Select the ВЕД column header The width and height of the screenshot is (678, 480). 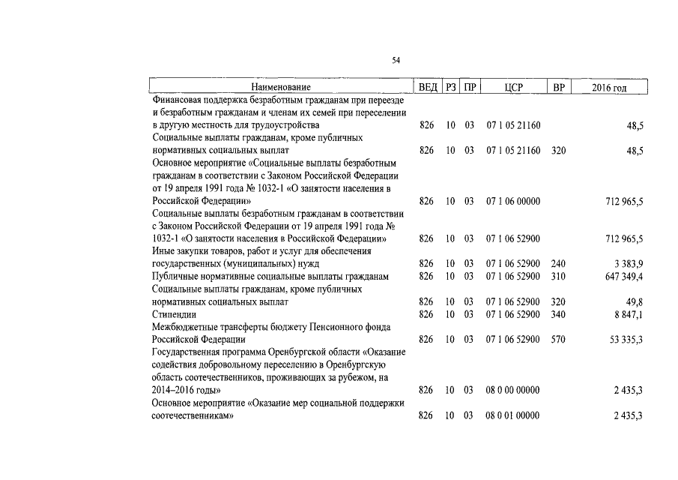pyautogui.click(x=428, y=87)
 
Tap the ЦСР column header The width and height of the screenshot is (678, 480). pyautogui.click(x=513, y=87)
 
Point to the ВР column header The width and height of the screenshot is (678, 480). pyautogui.click(x=558, y=87)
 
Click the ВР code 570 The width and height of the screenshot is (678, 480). pyautogui.click(x=558, y=340)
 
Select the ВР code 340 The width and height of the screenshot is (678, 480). pyautogui.click(x=558, y=314)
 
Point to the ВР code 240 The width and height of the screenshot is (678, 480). pyautogui.click(x=558, y=264)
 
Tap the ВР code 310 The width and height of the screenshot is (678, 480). pyautogui.click(x=558, y=277)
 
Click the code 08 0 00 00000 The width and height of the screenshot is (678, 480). pyautogui.click(x=513, y=391)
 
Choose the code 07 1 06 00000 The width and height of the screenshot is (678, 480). pyautogui.click(x=513, y=201)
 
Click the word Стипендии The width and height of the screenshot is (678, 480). pyautogui.click(x=174, y=314)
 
